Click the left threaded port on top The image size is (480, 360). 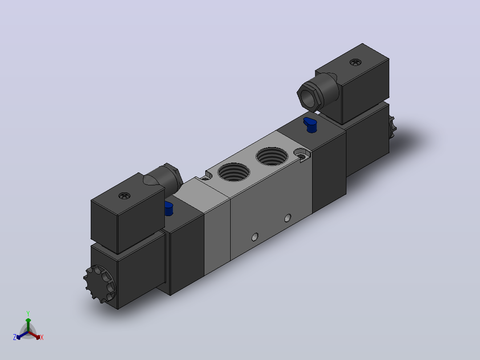coord(234,172)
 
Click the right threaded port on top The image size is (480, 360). coord(272,156)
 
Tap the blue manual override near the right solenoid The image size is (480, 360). coord(310,125)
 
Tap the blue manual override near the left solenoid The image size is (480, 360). coord(169,209)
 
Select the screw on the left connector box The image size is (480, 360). coord(124,196)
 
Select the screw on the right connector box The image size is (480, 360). coord(355,62)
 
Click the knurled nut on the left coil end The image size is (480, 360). coord(99,284)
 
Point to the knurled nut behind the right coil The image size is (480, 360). coord(392,127)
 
